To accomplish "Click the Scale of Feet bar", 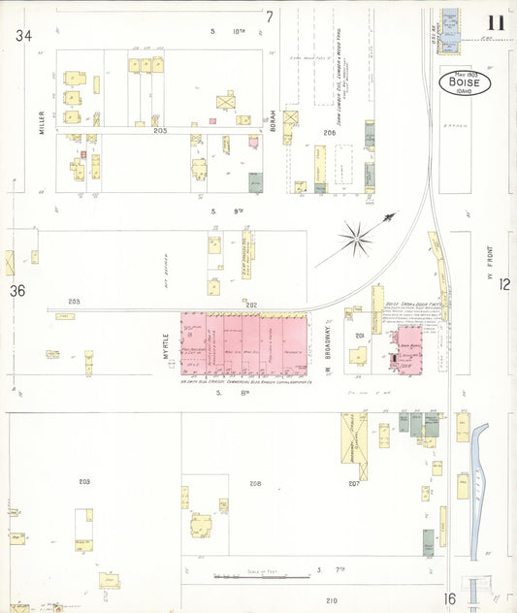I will tap(248, 577).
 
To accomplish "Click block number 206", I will tap(329, 132).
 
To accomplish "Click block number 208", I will tap(255, 483).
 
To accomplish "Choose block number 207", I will tap(353, 482).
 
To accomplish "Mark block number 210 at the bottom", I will tap(331, 601).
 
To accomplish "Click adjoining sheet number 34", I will tap(23, 36).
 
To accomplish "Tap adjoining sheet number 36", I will tap(16, 290).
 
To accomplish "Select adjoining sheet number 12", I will tap(504, 283).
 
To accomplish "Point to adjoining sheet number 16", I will tap(449, 599).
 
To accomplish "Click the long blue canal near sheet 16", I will tap(476, 485).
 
